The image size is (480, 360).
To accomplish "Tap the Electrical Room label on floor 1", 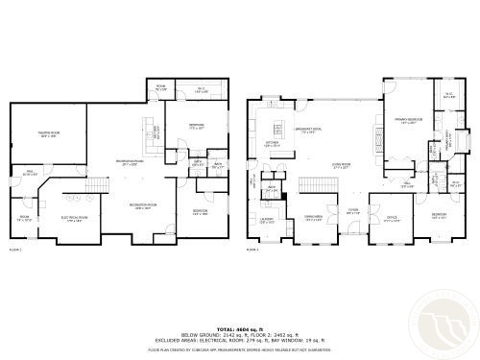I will click(78, 218).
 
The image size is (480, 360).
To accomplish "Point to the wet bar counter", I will click(150, 133).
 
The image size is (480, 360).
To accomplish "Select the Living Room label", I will click(340, 164).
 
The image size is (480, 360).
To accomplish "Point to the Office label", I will click(392, 217).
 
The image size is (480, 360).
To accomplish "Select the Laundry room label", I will click(267, 220).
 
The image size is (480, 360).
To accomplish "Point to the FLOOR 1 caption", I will click(14, 249).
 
